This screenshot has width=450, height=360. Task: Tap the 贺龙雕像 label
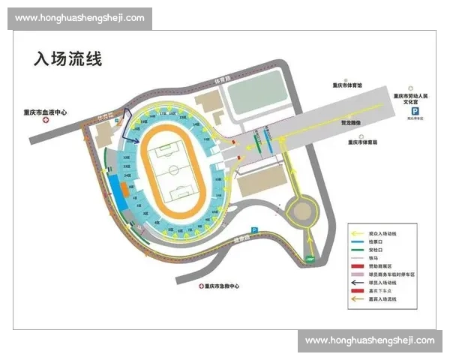tap(352, 123)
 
